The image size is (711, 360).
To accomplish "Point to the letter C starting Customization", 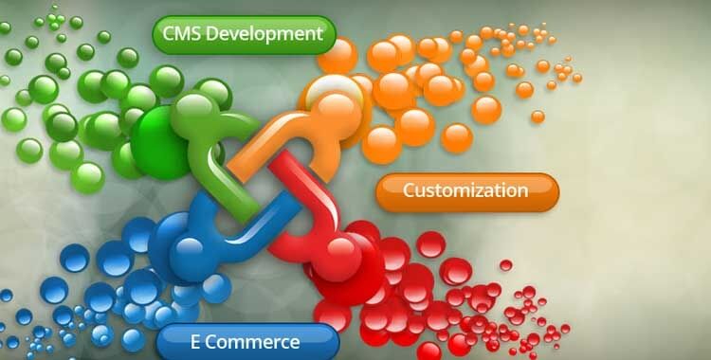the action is (x=409, y=190).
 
